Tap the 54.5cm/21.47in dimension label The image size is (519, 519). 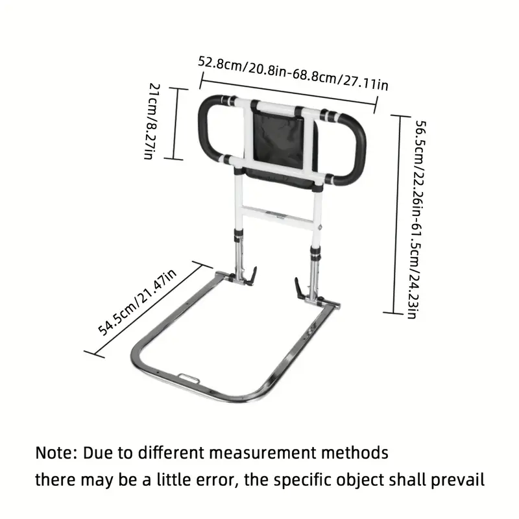pos(137,302)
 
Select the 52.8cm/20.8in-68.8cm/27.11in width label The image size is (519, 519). pos(293,73)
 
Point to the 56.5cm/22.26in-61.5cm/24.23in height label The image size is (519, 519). pos(416,219)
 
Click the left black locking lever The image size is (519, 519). pos(251,276)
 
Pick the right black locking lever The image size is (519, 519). pos(299,288)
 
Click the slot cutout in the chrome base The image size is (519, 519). pos(189,378)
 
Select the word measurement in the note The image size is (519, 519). pos(263,453)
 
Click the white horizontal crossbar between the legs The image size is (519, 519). pos(278,217)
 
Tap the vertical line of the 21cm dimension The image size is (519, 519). pos(176,123)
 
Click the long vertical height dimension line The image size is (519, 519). pos(397,214)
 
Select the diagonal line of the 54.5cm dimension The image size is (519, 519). pos(148,309)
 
